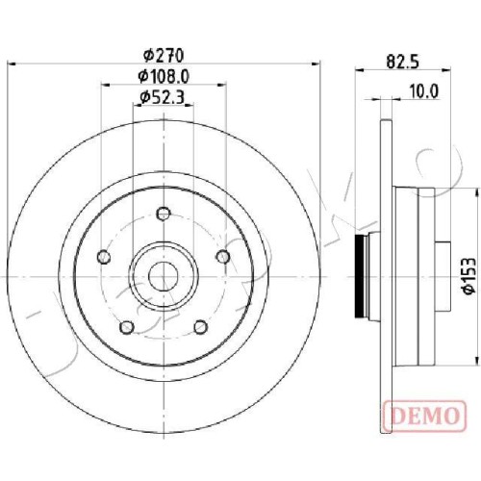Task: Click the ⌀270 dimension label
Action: (164, 56)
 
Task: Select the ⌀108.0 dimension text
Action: (164, 76)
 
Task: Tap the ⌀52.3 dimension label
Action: (163, 97)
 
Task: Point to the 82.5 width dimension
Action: (403, 62)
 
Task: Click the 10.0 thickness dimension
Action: (424, 92)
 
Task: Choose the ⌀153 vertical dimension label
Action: (468, 275)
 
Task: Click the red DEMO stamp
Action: (424, 416)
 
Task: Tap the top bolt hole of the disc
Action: (164, 214)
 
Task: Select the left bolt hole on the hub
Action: (104, 257)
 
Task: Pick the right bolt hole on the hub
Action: (223, 257)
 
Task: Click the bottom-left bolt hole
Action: (127, 327)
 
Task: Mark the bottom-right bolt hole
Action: (201, 327)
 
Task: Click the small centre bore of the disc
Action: (164, 276)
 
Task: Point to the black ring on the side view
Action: (360, 276)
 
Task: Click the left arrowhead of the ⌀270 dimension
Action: (12, 64)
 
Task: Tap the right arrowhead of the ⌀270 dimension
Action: (316, 64)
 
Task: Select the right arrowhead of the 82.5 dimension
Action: (446, 69)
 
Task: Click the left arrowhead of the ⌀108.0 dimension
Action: (105, 85)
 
